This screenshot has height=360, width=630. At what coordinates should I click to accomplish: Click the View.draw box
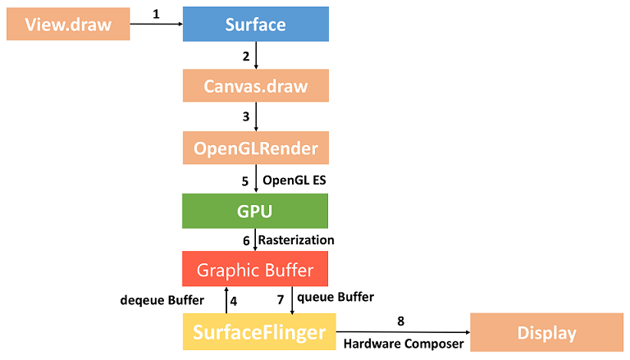[68, 24]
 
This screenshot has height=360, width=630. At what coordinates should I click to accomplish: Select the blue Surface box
[255, 24]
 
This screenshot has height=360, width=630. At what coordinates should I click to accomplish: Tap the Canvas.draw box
[255, 85]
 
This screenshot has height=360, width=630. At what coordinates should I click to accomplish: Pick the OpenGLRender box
[255, 148]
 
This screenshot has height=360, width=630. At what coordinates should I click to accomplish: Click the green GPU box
[255, 211]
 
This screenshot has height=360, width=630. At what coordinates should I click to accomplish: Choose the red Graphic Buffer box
[255, 268]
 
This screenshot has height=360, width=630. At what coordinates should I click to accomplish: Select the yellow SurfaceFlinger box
[255, 332]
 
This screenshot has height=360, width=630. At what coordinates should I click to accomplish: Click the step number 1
[155, 15]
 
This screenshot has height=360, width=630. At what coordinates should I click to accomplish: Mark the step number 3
[245, 116]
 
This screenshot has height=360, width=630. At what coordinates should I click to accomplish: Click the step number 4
[234, 300]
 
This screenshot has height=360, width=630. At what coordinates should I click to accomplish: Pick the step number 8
[401, 321]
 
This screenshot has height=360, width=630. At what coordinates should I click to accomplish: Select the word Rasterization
[296, 239]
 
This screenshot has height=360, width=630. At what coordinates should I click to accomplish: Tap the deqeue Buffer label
[162, 300]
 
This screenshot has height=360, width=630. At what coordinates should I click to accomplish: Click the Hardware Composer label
[403, 344]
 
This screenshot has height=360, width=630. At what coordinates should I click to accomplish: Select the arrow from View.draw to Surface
[156, 24]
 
